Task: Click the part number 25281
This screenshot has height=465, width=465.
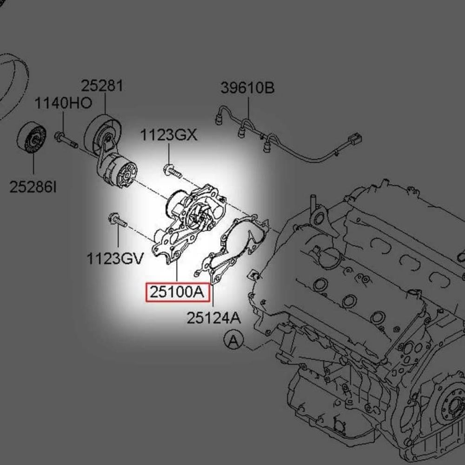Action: click(102, 86)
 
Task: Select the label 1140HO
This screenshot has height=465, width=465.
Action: click(63, 103)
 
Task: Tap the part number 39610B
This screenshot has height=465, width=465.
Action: click(248, 88)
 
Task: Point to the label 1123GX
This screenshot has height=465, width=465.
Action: click(168, 135)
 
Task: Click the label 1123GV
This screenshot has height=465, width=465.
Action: click(115, 259)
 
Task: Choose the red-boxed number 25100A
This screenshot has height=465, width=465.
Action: click(177, 292)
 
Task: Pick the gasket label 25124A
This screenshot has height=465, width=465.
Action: click(213, 318)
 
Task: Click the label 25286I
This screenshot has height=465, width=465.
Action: click(33, 187)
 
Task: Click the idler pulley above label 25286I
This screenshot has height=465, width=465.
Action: click(32, 138)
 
